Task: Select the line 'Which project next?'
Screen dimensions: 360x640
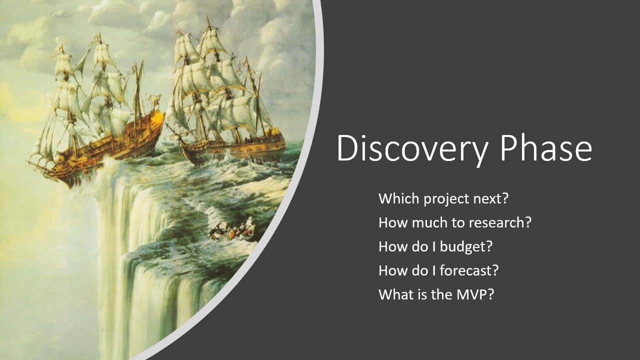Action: pos(443,198)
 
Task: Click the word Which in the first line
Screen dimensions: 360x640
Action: pos(398,198)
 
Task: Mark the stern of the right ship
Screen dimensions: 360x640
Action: pos(275,140)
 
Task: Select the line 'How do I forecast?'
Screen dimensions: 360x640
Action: pos(438,270)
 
